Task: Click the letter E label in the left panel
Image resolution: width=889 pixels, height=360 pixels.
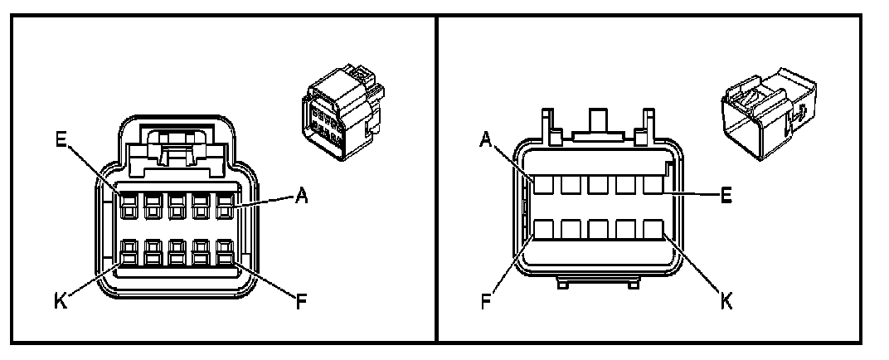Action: tap(61, 139)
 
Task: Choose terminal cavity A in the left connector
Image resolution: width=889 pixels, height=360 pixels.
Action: tap(224, 204)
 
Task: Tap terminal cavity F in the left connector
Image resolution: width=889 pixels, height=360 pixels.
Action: tap(224, 252)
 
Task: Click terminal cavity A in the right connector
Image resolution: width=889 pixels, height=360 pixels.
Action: tap(543, 184)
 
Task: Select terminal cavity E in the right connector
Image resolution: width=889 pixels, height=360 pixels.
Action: tap(654, 184)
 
